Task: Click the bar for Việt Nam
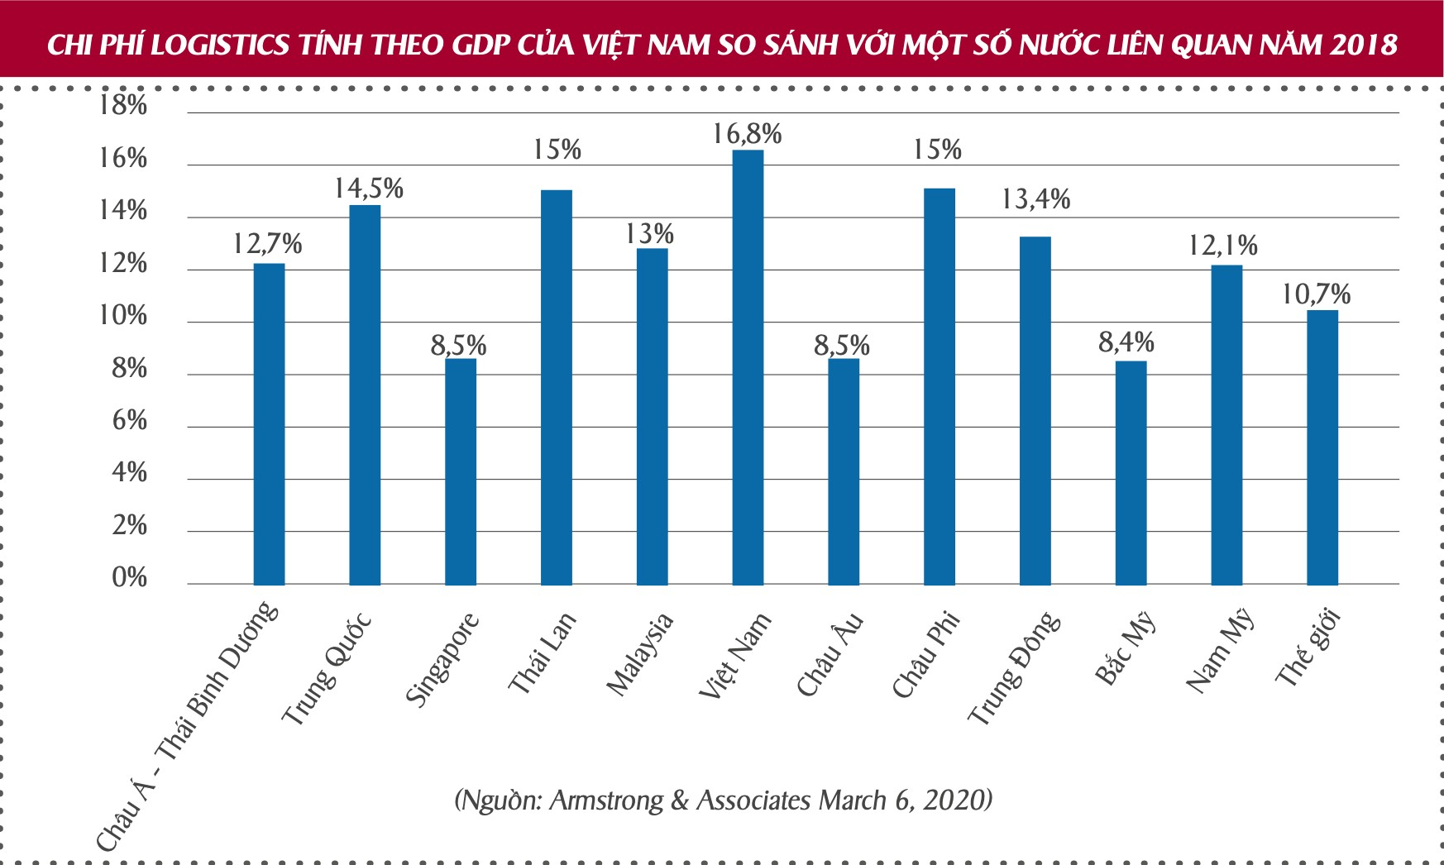click(x=748, y=368)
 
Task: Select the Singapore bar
click(x=461, y=471)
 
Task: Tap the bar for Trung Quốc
click(x=365, y=395)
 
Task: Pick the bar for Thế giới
click(x=1322, y=447)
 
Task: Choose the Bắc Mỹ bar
click(x=1131, y=473)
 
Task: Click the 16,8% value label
click(x=747, y=134)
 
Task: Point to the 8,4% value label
click(x=1126, y=342)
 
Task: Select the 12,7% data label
click(x=267, y=244)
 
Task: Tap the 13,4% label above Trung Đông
click(x=1035, y=199)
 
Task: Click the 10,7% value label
click(x=1316, y=294)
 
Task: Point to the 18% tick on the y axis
click(x=122, y=105)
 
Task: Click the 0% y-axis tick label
click(x=129, y=577)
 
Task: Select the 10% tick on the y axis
click(x=122, y=315)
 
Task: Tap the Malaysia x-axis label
click(x=640, y=654)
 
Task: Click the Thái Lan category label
click(x=542, y=653)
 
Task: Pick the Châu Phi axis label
click(x=926, y=654)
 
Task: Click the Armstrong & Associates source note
click(x=723, y=800)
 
